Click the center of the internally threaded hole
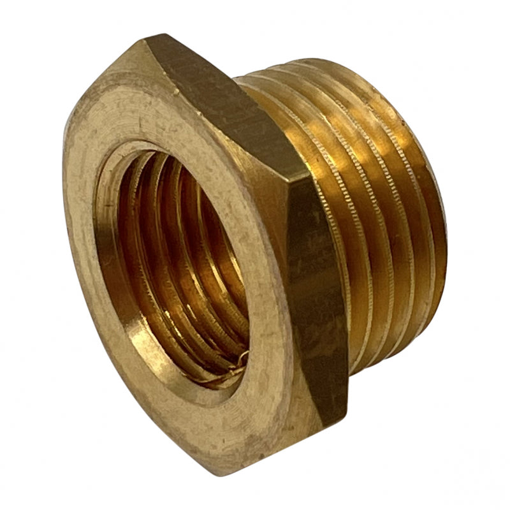click(182, 268)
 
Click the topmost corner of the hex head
click(148, 40)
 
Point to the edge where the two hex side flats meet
click(300, 185)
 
